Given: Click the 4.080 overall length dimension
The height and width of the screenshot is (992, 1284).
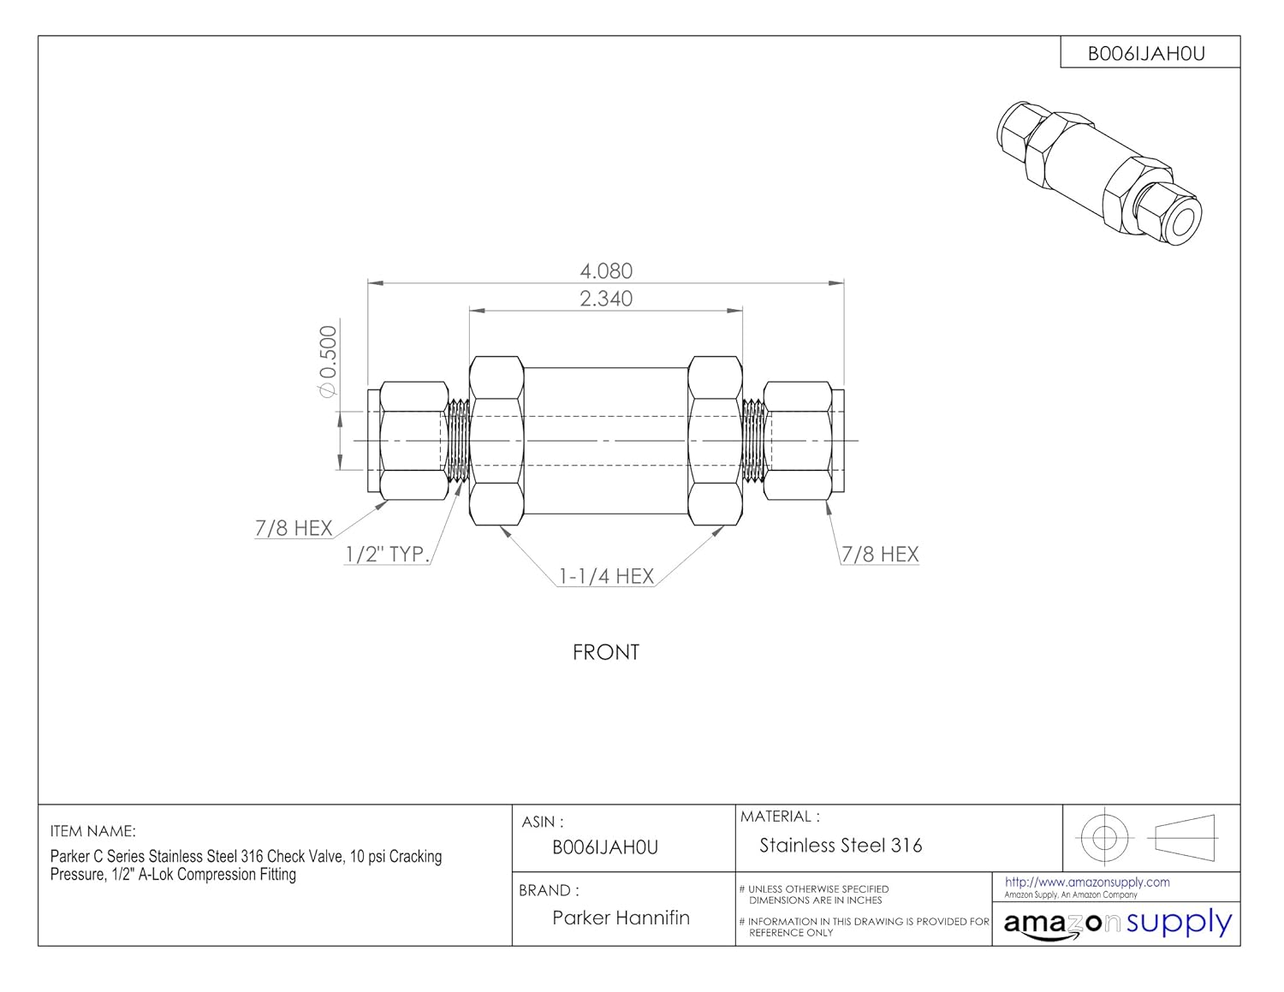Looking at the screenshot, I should pyautogui.click(x=606, y=271).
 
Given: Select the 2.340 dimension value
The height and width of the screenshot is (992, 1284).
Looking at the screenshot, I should pyautogui.click(x=606, y=299).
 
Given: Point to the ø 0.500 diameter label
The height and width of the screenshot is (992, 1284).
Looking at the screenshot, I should pyautogui.click(x=328, y=361).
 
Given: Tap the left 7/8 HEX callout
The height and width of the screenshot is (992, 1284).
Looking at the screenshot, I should pyautogui.click(x=294, y=528).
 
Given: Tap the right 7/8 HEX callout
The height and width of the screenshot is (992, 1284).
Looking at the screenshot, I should pyautogui.click(x=880, y=555).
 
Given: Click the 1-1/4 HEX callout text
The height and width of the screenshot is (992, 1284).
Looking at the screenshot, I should pyautogui.click(x=606, y=577).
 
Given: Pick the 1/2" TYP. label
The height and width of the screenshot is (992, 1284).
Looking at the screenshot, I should pyautogui.click(x=386, y=555).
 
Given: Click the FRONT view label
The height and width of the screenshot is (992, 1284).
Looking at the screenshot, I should pyautogui.click(x=606, y=652).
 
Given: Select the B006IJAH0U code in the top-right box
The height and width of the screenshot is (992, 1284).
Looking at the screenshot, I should pyautogui.click(x=1146, y=54).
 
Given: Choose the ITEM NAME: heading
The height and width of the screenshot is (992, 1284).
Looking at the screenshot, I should pyautogui.click(x=92, y=831).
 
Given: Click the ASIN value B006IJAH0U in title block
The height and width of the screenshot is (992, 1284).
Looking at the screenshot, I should pyautogui.click(x=605, y=847).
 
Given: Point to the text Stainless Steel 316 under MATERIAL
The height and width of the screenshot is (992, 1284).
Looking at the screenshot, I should pyautogui.click(x=841, y=846).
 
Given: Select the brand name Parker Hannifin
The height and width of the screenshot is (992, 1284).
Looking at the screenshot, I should pyautogui.click(x=621, y=918).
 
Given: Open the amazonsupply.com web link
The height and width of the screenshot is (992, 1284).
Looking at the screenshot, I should pyautogui.click(x=1087, y=882).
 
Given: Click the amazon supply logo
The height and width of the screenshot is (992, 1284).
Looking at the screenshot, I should pyautogui.click(x=1117, y=924).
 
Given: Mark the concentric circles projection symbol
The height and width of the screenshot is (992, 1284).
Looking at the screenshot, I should pyautogui.click(x=1104, y=835).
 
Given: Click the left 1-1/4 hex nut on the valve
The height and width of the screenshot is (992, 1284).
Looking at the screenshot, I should pyautogui.click(x=496, y=441).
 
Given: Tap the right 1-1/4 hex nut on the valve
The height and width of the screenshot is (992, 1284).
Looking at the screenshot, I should pyautogui.click(x=716, y=441).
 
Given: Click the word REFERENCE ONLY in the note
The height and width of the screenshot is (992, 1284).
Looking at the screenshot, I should pyautogui.click(x=791, y=933).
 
